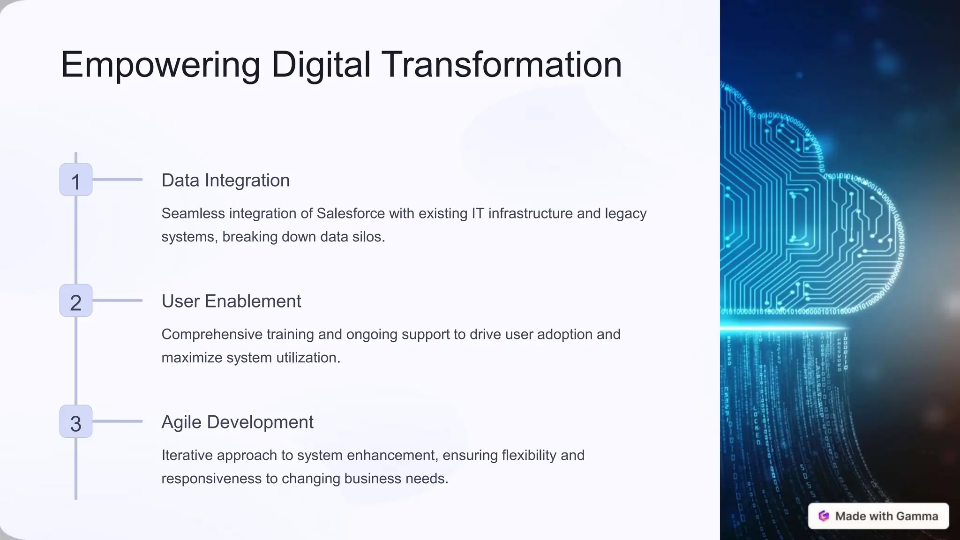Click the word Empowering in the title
click(160, 65)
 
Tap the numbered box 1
click(76, 180)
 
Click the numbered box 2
click(76, 301)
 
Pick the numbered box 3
click(76, 422)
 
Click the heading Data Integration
click(225, 180)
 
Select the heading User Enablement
click(231, 301)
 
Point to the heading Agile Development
click(237, 422)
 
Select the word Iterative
click(187, 455)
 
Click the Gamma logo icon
click(824, 516)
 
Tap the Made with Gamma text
click(886, 516)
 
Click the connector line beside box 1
click(117, 180)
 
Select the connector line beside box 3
click(117, 421)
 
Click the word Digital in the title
click(321, 65)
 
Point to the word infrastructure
click(530, 214)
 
